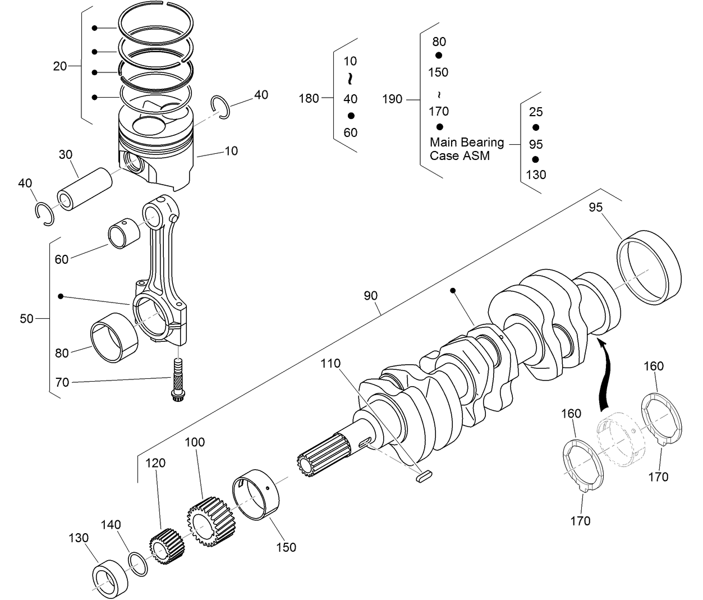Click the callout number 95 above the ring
click(x=595, y=207)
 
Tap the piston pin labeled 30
click(x=84, y=188)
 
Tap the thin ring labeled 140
click(x=139, y=564)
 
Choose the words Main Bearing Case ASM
click(x=466, y=149)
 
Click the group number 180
click(x=309, y=99)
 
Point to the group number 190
click(x=392, y=99)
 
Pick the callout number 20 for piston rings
click(x=60, y=66)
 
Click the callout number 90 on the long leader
click(x=370, y=296)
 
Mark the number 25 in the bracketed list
click(x=536, y=112)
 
